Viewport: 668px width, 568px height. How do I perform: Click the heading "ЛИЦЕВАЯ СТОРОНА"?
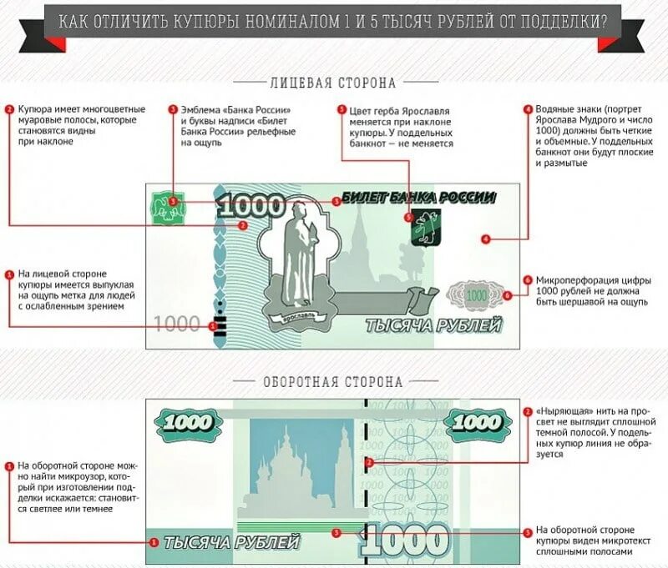332,83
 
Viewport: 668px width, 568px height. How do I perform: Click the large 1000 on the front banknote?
255,207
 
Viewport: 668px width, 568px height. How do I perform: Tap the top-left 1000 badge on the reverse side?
186,422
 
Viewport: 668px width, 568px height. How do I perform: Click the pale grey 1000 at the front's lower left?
178,324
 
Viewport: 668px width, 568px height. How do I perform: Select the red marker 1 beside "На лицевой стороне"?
9,274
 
